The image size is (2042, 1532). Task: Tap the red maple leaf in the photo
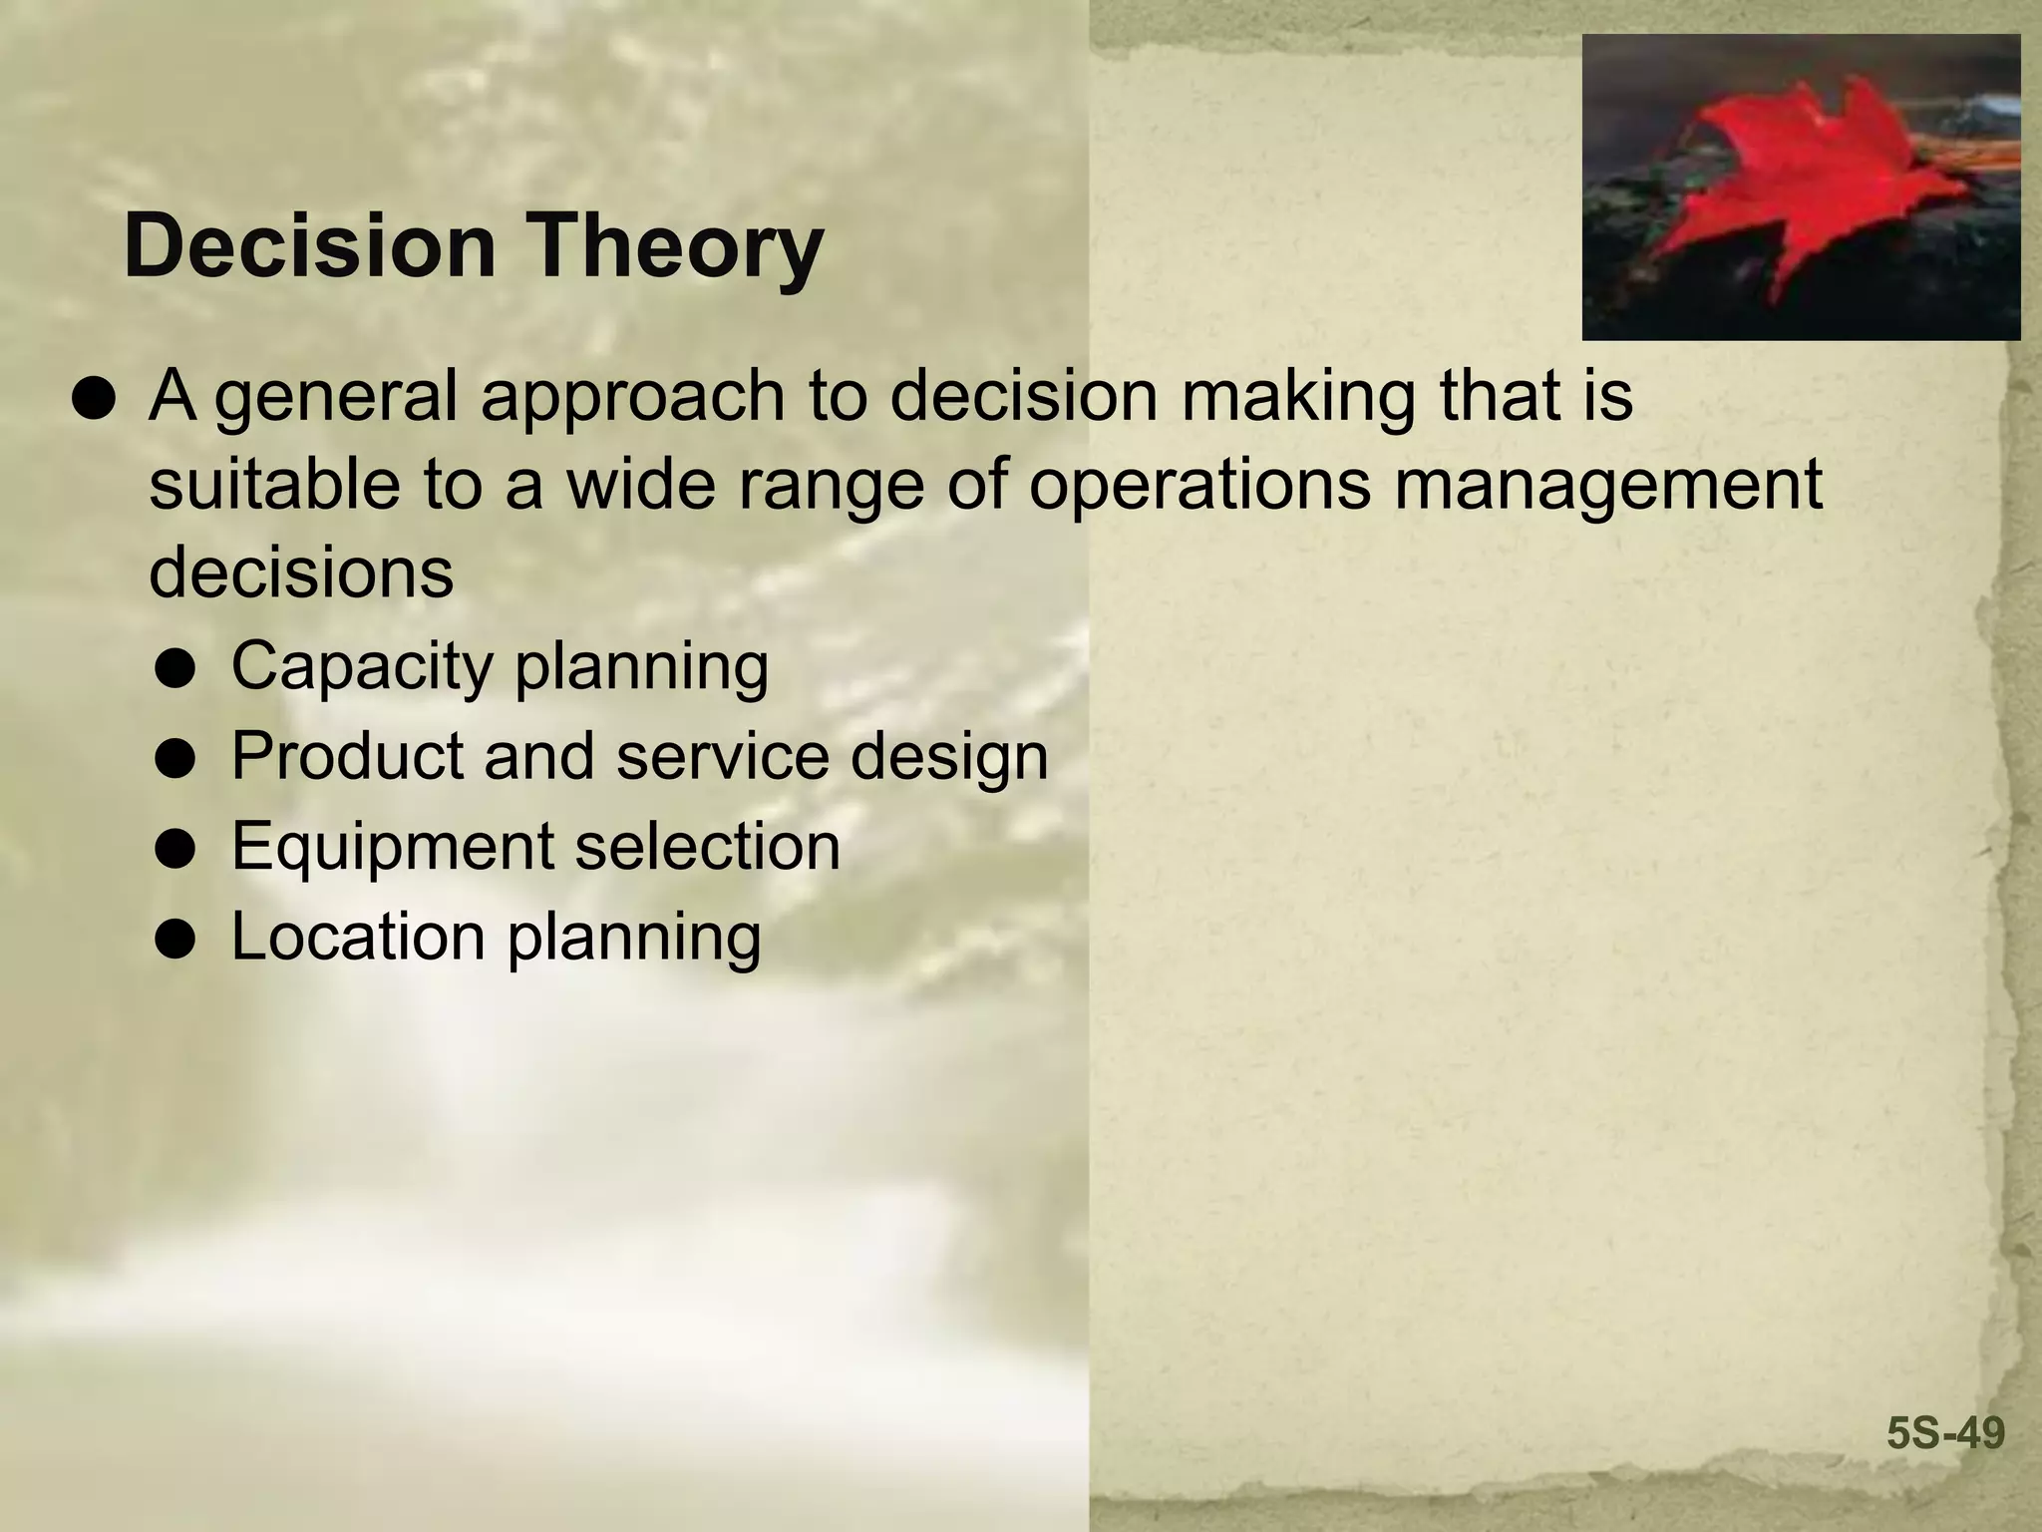coord(1805,185)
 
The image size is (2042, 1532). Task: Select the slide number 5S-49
coord(1944,1433)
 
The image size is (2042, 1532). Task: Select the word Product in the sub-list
coord(348,755)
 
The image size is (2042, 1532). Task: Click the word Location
coord(359,936)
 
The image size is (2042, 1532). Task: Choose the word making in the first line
coord(1297,397)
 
